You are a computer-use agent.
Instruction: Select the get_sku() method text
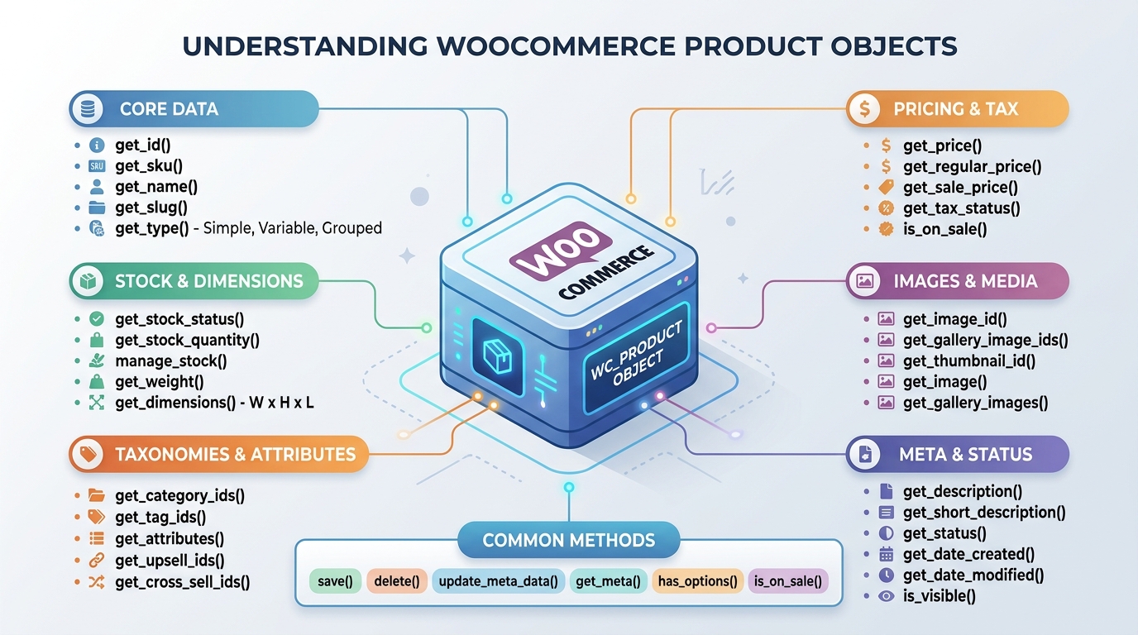pyautogui.click(x=149, y=166)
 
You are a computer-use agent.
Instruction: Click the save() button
pyautogui.click(x=335, y=581)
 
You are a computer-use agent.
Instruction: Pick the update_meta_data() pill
pyautogui.click(x=498, y=581)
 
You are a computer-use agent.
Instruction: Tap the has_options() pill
pyautogui.click(x=697, y=581)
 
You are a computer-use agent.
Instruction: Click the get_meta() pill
pyautogui.click(x=608, y=581)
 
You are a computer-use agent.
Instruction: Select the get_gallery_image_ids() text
pyautogui.click(x=985, y=340)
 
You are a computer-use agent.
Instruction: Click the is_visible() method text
pyautogui.click(x=940, y=596)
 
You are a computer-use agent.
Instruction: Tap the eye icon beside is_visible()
pyautogui.click(x=886, y=596)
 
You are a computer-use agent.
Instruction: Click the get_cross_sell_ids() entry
pyautogui.click(x=182, y=582)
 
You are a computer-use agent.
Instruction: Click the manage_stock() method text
pyautogui.click(x=170, y=361)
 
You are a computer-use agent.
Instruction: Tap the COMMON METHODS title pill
pyautogui.click(x=568, y=541)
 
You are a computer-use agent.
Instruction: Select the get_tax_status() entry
pyautogui.click(x=961, y=208)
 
